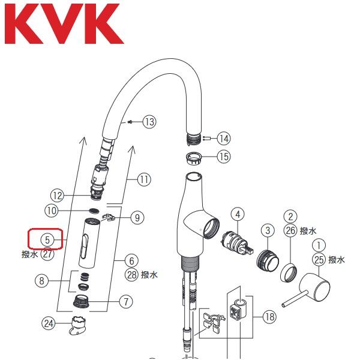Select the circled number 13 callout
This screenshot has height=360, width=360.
[x=148, y=122]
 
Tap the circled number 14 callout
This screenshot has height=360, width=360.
[x=224, y=139]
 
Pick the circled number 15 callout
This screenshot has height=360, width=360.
[x=223, y=157]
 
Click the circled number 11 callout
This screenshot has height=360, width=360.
[x=145, y=179]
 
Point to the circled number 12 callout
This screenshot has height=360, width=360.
[x=57, y=195]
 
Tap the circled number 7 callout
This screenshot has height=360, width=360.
[x=125, y=302]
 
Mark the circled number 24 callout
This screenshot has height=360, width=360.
[x=48, y=323]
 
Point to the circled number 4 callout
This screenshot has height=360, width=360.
[x=238, y=214]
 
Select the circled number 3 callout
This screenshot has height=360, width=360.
[x=266, y=229]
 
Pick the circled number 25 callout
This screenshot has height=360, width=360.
[x=319, y=260]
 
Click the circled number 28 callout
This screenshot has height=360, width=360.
[x=132, y=275]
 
